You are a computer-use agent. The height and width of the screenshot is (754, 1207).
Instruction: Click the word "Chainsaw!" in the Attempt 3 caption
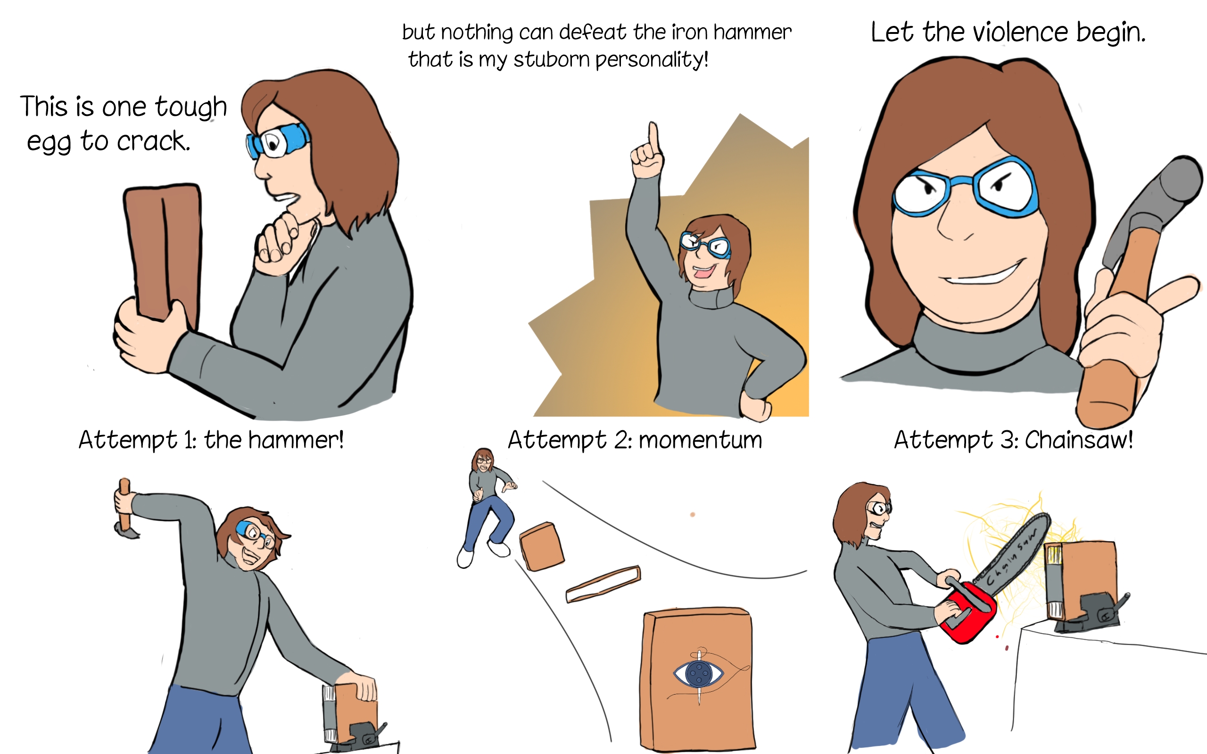click(1079, 440)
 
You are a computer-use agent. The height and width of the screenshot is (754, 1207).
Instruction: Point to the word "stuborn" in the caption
click(552, 60)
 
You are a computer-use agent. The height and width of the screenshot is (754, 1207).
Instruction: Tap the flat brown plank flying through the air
click(603, 584)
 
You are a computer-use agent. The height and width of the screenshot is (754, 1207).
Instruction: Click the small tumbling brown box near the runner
click(542, 547)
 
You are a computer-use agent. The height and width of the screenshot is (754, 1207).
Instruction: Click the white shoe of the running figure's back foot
click(465, 557)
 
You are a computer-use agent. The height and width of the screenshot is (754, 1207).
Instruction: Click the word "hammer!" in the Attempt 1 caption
click(296, 440)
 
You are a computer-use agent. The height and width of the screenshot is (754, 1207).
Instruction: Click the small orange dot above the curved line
click(692, 514)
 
